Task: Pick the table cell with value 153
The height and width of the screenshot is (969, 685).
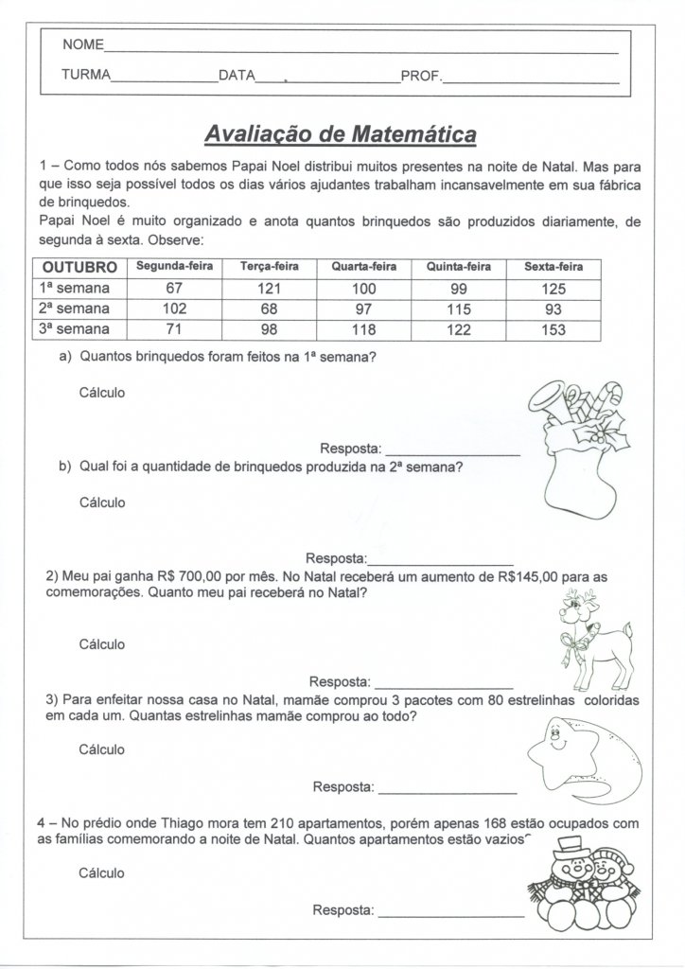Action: click(553, 330)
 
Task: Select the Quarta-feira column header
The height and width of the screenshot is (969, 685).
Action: click(363, 267)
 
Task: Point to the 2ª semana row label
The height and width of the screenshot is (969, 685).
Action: click(74, 308)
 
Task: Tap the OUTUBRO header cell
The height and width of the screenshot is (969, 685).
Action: click(79, 267)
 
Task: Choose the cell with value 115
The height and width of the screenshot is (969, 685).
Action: click(458, 309)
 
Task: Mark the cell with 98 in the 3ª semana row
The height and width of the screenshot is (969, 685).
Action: click(270, 330)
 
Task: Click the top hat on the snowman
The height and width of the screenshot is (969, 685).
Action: click(568, 844)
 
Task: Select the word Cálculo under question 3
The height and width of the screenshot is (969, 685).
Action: click(102, 749)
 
